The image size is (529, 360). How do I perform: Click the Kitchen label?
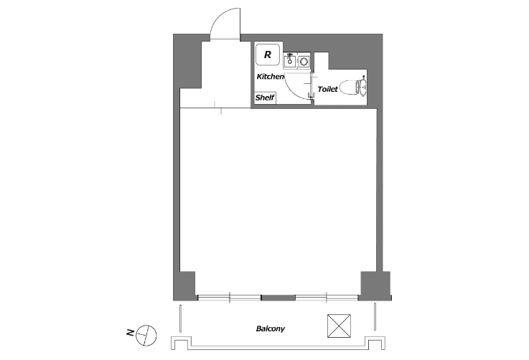coord(270,77)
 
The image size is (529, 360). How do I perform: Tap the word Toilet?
coord(327,89)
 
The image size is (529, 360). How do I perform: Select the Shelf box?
coord(265,98)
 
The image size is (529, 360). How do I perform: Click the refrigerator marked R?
coord(268,55)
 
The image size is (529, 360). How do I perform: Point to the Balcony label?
coord(270,328)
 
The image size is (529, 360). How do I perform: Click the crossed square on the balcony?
coord(339,326)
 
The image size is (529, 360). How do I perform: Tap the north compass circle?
coord(146,336)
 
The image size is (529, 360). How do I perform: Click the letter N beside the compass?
coord(130,333)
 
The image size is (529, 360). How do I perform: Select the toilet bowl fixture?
coord(350,87)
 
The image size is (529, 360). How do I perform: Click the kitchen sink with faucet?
coord(290,61)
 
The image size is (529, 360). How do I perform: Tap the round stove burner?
coord(304,62)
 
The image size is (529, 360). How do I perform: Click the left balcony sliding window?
coord(230,298)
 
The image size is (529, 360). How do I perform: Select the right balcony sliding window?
coord(327,298)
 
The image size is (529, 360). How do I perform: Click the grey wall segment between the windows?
coord(278,298)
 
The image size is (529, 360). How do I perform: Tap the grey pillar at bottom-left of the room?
coord(184,285)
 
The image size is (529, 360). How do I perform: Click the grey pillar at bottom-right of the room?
coord(375,285)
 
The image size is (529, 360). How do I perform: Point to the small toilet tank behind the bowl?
coord(364,87)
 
